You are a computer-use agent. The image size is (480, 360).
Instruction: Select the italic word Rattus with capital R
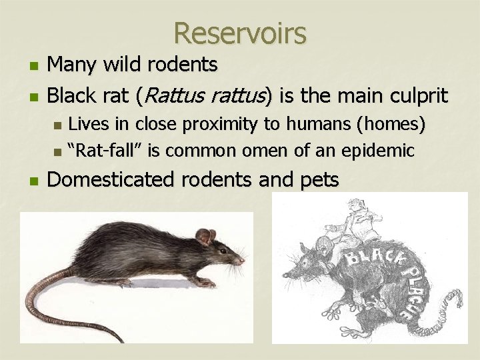[171, 96]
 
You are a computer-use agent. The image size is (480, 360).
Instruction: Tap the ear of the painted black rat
[204, 236]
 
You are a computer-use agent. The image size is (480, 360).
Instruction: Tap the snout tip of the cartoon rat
[285, 277]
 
